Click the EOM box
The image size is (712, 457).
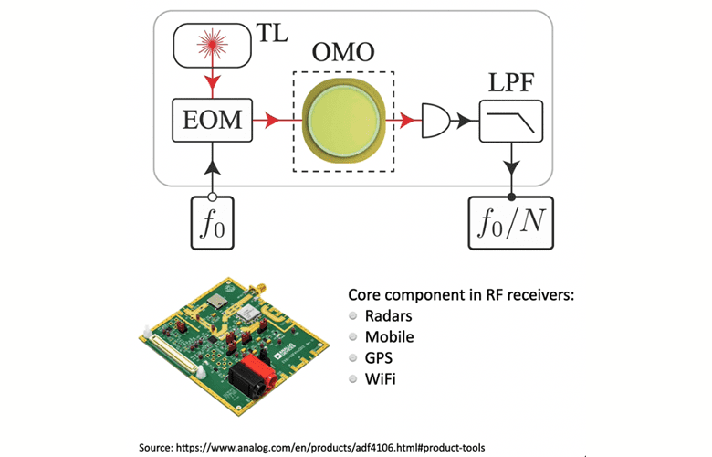(x=213, y=120)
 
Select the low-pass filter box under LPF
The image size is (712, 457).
(x=511, y=120)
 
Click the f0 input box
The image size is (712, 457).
(x=213, y=222)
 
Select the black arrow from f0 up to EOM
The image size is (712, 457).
(x=213, y=168)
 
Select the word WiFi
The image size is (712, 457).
(x=382, y=377)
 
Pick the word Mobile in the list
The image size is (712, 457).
(x=390, y=336)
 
